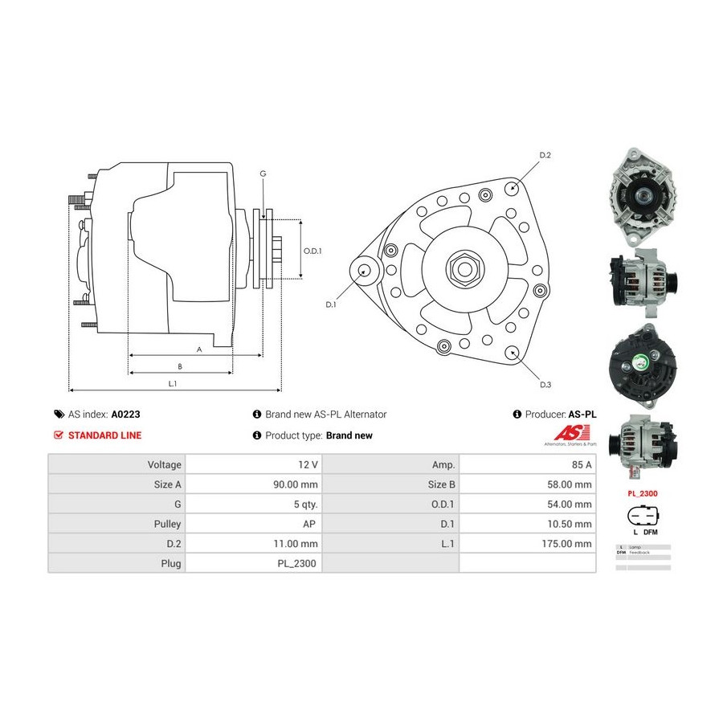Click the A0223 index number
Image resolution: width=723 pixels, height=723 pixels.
point(126,415)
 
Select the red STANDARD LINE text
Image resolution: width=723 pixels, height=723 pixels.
point(104,435)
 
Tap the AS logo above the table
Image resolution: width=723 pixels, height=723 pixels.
point(570,434)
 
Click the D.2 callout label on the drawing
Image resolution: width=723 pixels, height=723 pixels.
point(545,155)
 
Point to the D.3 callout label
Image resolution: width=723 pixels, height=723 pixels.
point(545,385)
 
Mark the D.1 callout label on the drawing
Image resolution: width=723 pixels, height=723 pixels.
point(330,304)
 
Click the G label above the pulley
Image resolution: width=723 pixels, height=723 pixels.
point(263,174)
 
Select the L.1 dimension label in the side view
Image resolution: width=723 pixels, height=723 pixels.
point(172,383)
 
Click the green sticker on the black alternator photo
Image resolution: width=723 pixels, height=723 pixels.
point(641,362)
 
